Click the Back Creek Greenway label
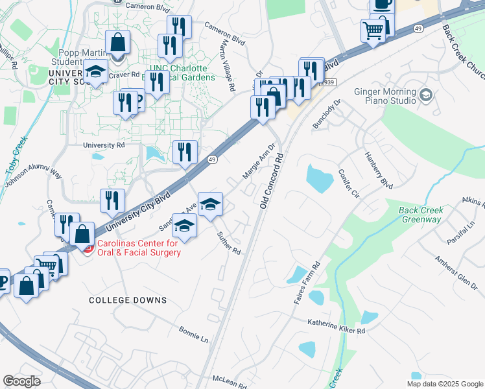420,215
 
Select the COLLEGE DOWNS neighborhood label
128,300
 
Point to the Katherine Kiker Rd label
337,326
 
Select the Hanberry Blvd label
379,170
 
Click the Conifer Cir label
348,183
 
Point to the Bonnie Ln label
194,335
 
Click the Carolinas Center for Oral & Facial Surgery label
138,248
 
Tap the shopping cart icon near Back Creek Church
373,30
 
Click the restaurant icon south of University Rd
185,153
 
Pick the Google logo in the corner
21,381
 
